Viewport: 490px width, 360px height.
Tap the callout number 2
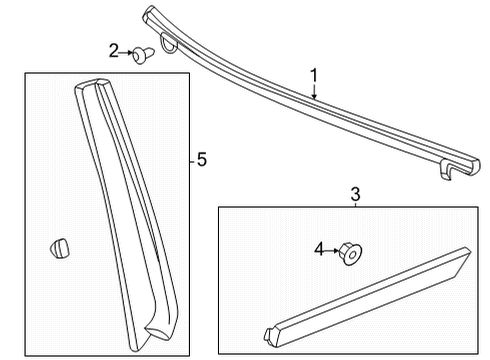pos(114,50)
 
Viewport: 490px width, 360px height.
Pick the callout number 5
pos(202,160)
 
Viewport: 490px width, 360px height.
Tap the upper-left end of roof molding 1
pos(150,13)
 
